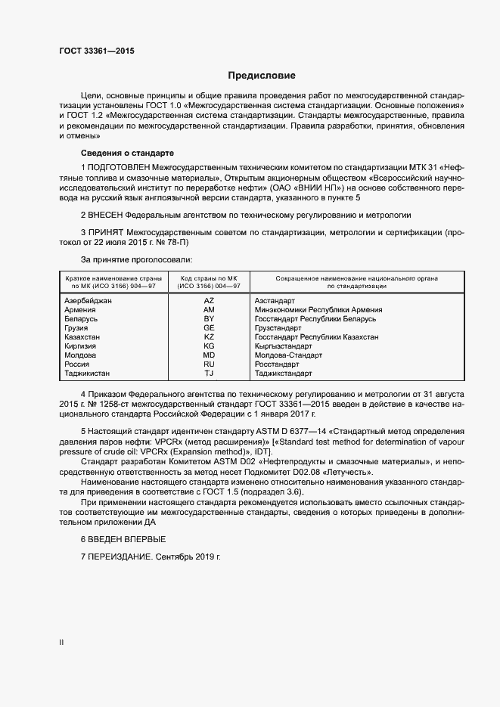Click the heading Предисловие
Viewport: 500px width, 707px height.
pyautogui.click(x=262, y=76)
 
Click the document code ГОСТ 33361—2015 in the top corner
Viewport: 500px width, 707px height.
pyautogui.click(x=96, y=51)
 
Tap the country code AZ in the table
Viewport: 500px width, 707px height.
pyautogui.click(x=210, y=301)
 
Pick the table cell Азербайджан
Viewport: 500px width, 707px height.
pyautogui.click(x=89, y=301)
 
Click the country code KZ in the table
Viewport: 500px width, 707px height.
pyautogui.click(x=210, y=336)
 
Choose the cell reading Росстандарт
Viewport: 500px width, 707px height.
pyautogui.click(x=280, y=364)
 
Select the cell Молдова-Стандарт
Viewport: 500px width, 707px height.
pyautogui.click(x=289, y=355)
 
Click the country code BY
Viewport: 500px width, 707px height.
pyautogui.click(x=210, y=319)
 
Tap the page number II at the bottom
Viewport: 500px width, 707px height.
pyautogui.click(x=61, y=643)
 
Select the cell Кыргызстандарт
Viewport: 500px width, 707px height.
pyautogui.click(x=284, y=346)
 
